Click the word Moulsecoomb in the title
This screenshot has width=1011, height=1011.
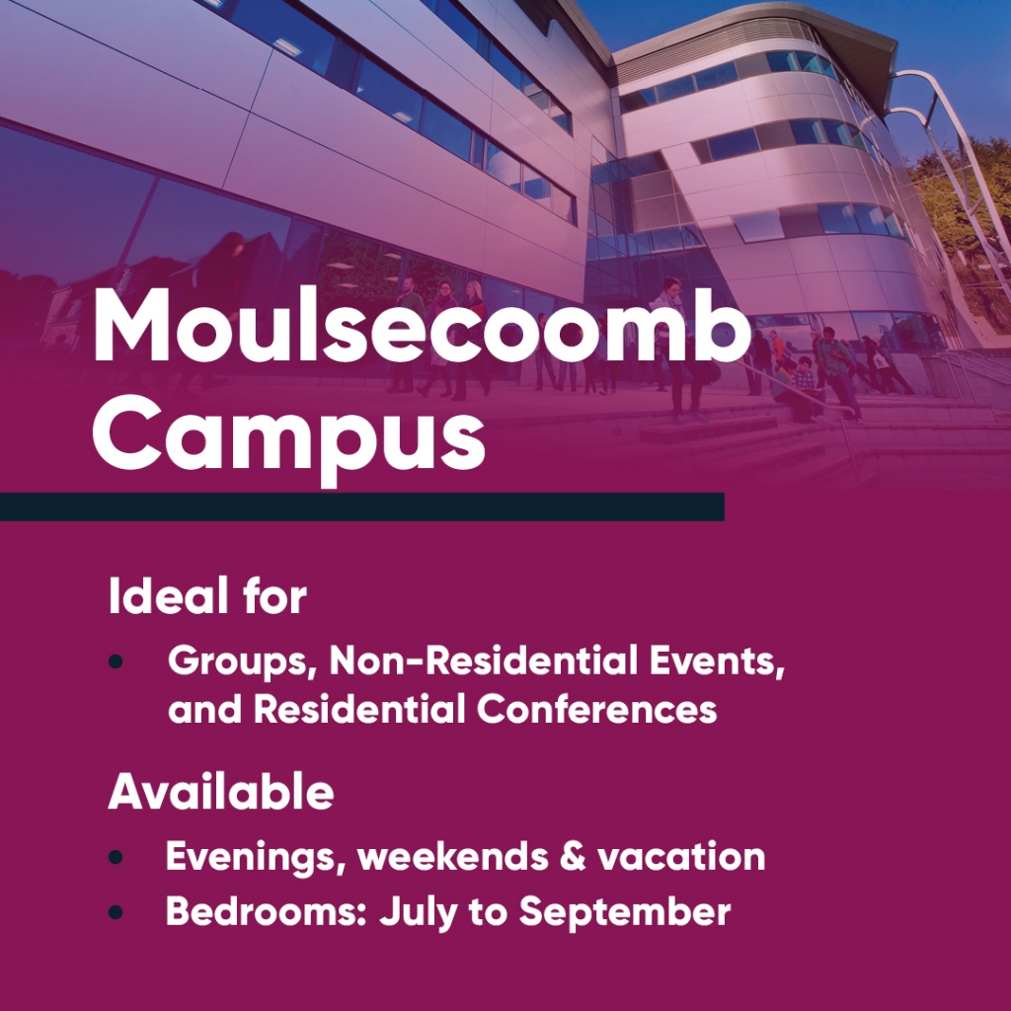point(423,326)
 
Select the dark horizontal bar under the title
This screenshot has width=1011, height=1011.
point(361,506)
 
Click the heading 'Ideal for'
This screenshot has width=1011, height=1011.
point(207,595)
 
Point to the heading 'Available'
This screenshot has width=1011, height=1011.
point(220,791)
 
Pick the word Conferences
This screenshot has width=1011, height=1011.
point(597,709)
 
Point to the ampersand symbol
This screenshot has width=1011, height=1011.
point(573,856)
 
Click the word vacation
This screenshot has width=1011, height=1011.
point(681,858)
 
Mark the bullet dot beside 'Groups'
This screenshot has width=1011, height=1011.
point(117,661)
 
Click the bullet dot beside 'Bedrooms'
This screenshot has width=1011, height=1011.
point(117,911)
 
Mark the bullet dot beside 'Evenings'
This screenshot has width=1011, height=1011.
point(117,857)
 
